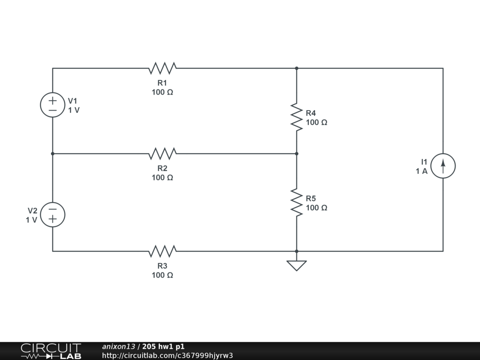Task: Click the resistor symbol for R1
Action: coord(162,68)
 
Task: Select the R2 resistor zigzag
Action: coord(162,153)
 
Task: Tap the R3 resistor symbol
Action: coord(162,251)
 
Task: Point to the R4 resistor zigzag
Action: coord(296,117)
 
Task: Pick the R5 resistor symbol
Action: coord(296,202)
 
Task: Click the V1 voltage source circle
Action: coord(52,105)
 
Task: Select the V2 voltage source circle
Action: coord(52,215)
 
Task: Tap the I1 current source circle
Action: coord(443,166)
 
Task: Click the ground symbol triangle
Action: coord(296,265)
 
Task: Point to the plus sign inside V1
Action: coord(52,99)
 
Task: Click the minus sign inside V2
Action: coord(52,210)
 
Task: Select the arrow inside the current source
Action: coord(443,165)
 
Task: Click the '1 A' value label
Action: coord(421,171)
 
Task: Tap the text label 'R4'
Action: coord(311,113)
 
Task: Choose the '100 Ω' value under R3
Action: coord(162,275)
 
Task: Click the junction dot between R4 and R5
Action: coord(297,153)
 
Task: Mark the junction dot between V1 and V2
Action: coord(52,153)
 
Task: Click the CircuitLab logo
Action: coord(51,351)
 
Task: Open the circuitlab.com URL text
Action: coord(167,355)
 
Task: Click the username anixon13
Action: coord(119,346)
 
